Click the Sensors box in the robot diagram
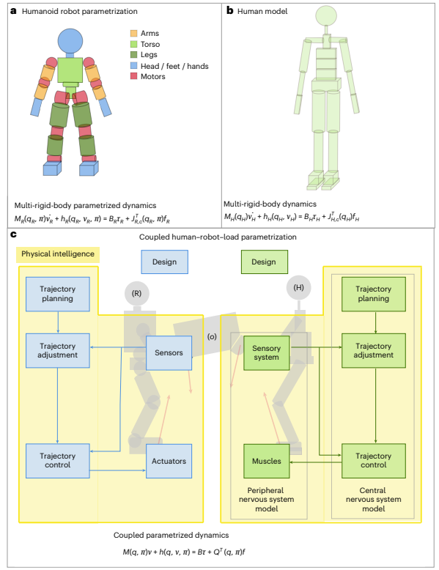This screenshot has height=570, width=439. [169, 353]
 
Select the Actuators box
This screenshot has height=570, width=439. [169, 461]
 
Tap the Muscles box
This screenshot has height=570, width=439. [267, 461]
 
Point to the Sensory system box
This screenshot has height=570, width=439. [267, 353]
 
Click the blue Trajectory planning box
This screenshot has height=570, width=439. [57, 294]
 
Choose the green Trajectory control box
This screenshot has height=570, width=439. [374, 461]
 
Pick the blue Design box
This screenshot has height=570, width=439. [164, 262]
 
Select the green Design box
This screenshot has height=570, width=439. [265, 262]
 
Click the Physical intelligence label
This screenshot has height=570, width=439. [58, 254]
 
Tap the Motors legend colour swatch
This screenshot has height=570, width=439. [134, 76]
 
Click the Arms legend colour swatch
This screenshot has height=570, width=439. [134, 33]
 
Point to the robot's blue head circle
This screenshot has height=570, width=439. [70, 42]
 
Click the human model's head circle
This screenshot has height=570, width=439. [326, 16]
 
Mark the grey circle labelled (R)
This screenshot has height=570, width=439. [137, 293]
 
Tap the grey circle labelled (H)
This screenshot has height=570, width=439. [298, 287]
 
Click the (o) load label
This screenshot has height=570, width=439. [212, 336]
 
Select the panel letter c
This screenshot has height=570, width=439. [13, 234]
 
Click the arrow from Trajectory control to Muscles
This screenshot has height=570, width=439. [316, 462]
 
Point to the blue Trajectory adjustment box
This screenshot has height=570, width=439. [57, 351]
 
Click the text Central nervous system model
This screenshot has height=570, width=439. [373, 500]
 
